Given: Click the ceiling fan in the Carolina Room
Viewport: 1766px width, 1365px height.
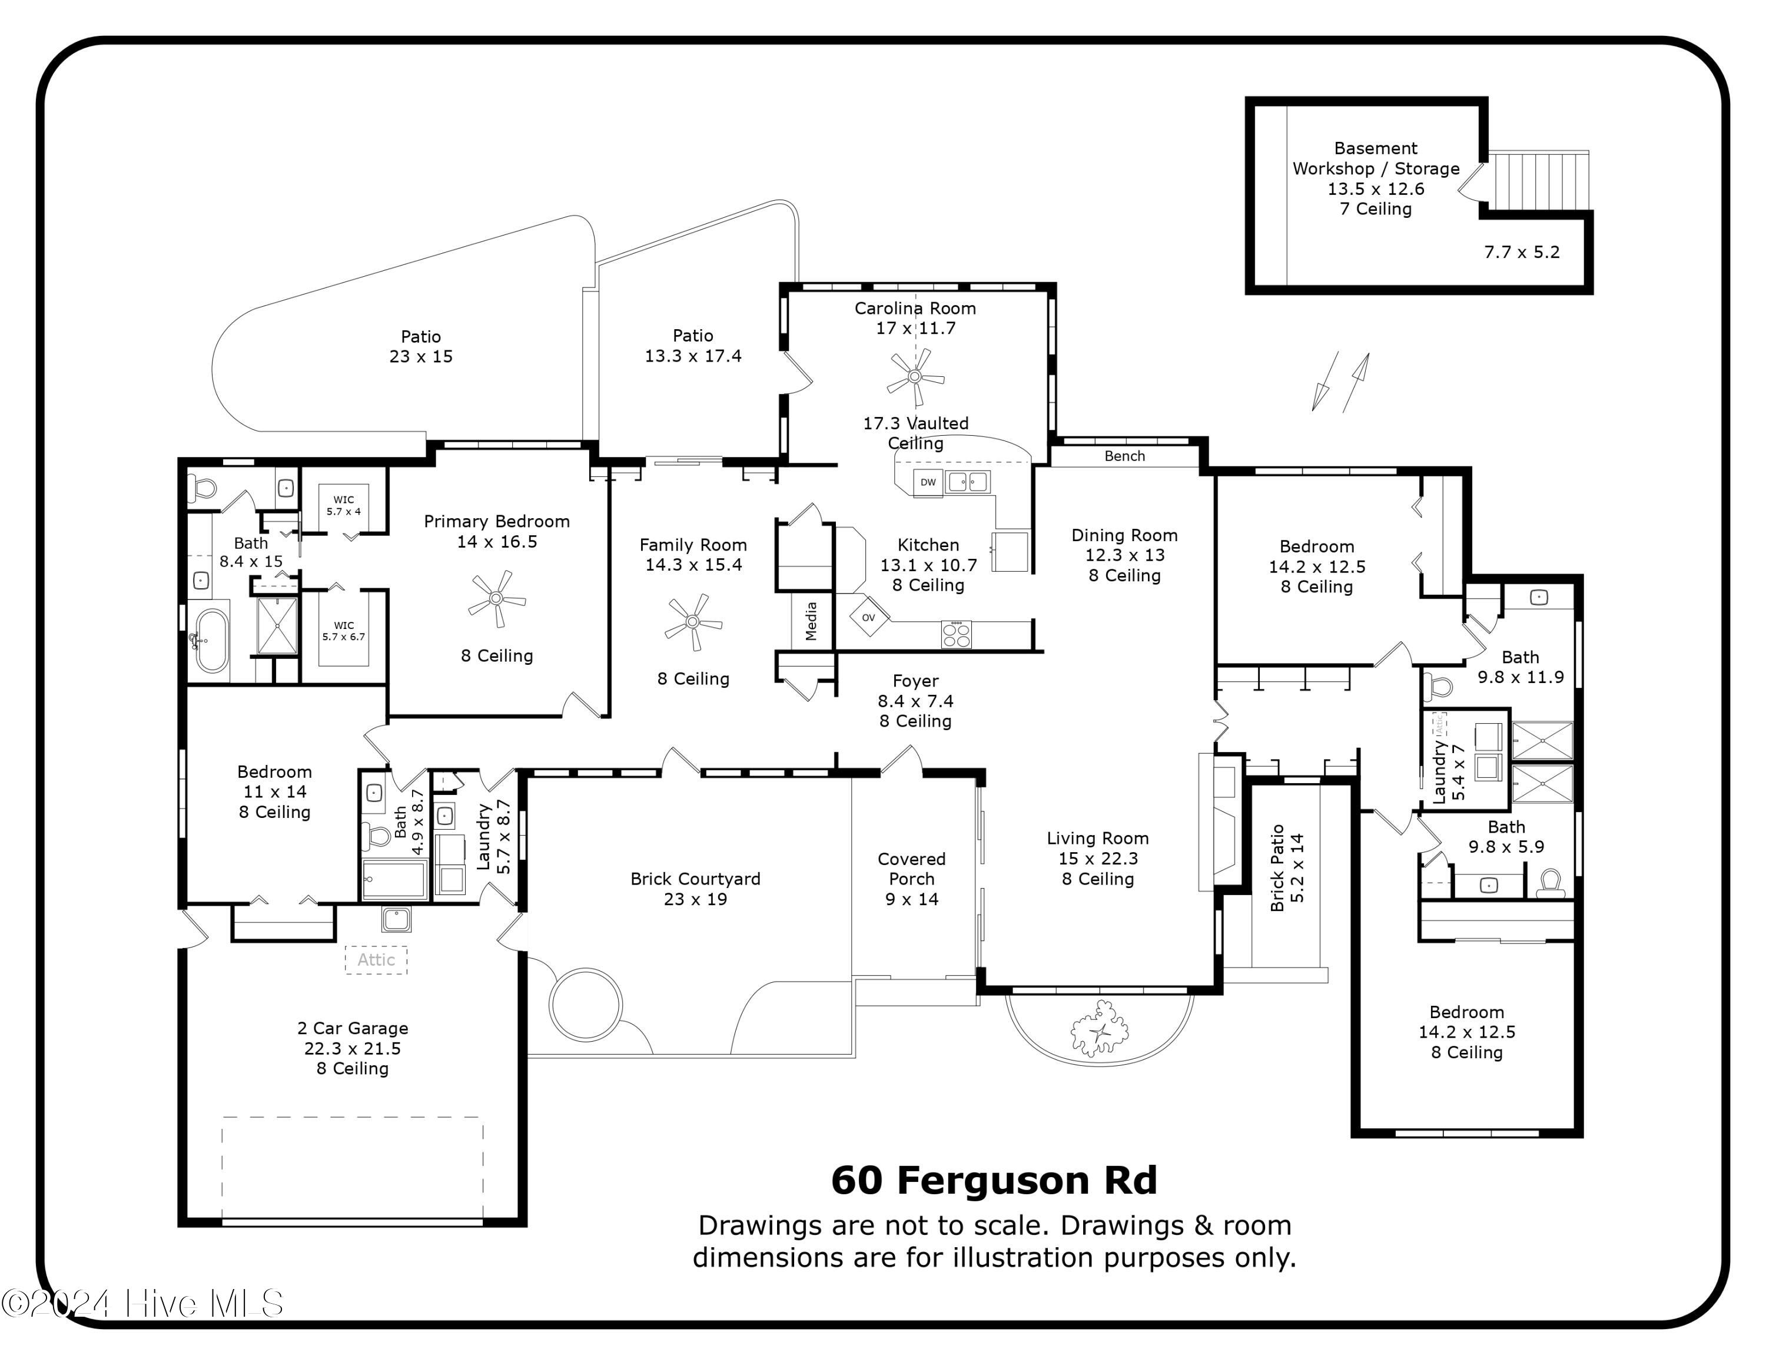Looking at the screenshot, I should click(x=915, y=377).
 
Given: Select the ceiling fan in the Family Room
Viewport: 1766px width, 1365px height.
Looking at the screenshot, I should click(x=693, y=622).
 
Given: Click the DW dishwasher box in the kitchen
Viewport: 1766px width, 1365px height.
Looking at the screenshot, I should click(x=928, y=482).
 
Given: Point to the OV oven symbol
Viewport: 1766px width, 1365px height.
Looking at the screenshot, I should click(x=868, y=618).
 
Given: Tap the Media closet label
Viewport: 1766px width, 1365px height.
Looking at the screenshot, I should click(x=811, y=621).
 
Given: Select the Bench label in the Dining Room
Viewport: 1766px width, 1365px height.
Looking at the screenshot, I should click(x=1124, y=456).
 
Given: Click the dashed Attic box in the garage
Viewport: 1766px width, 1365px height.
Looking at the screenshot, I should click(x=376, y=959).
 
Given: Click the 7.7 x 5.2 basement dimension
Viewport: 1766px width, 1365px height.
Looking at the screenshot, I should click(x=1521, y=252).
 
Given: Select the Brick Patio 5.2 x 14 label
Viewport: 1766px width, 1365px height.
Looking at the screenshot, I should click(x=1287, y=867).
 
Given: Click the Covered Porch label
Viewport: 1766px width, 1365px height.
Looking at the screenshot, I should click(x=911, y=869).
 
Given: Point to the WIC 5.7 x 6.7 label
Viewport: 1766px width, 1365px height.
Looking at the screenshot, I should click(x=344, y=631).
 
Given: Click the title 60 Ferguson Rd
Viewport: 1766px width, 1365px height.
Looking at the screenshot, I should click(x=994, y=1180).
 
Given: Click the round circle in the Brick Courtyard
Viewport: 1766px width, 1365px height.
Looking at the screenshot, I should click(x=586, y=1005).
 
